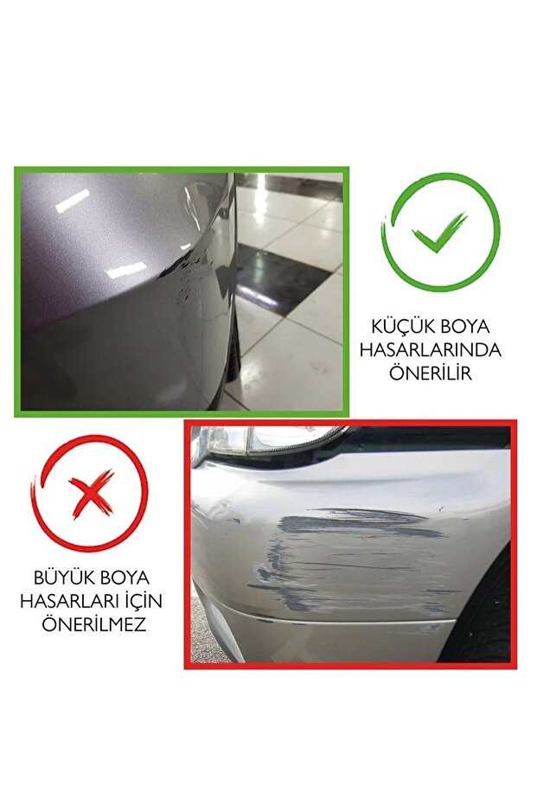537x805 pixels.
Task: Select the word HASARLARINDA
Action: tap(431, 350)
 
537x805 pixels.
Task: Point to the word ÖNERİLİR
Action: tap(431, 373)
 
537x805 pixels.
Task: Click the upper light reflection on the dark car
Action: tap(72, 201)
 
